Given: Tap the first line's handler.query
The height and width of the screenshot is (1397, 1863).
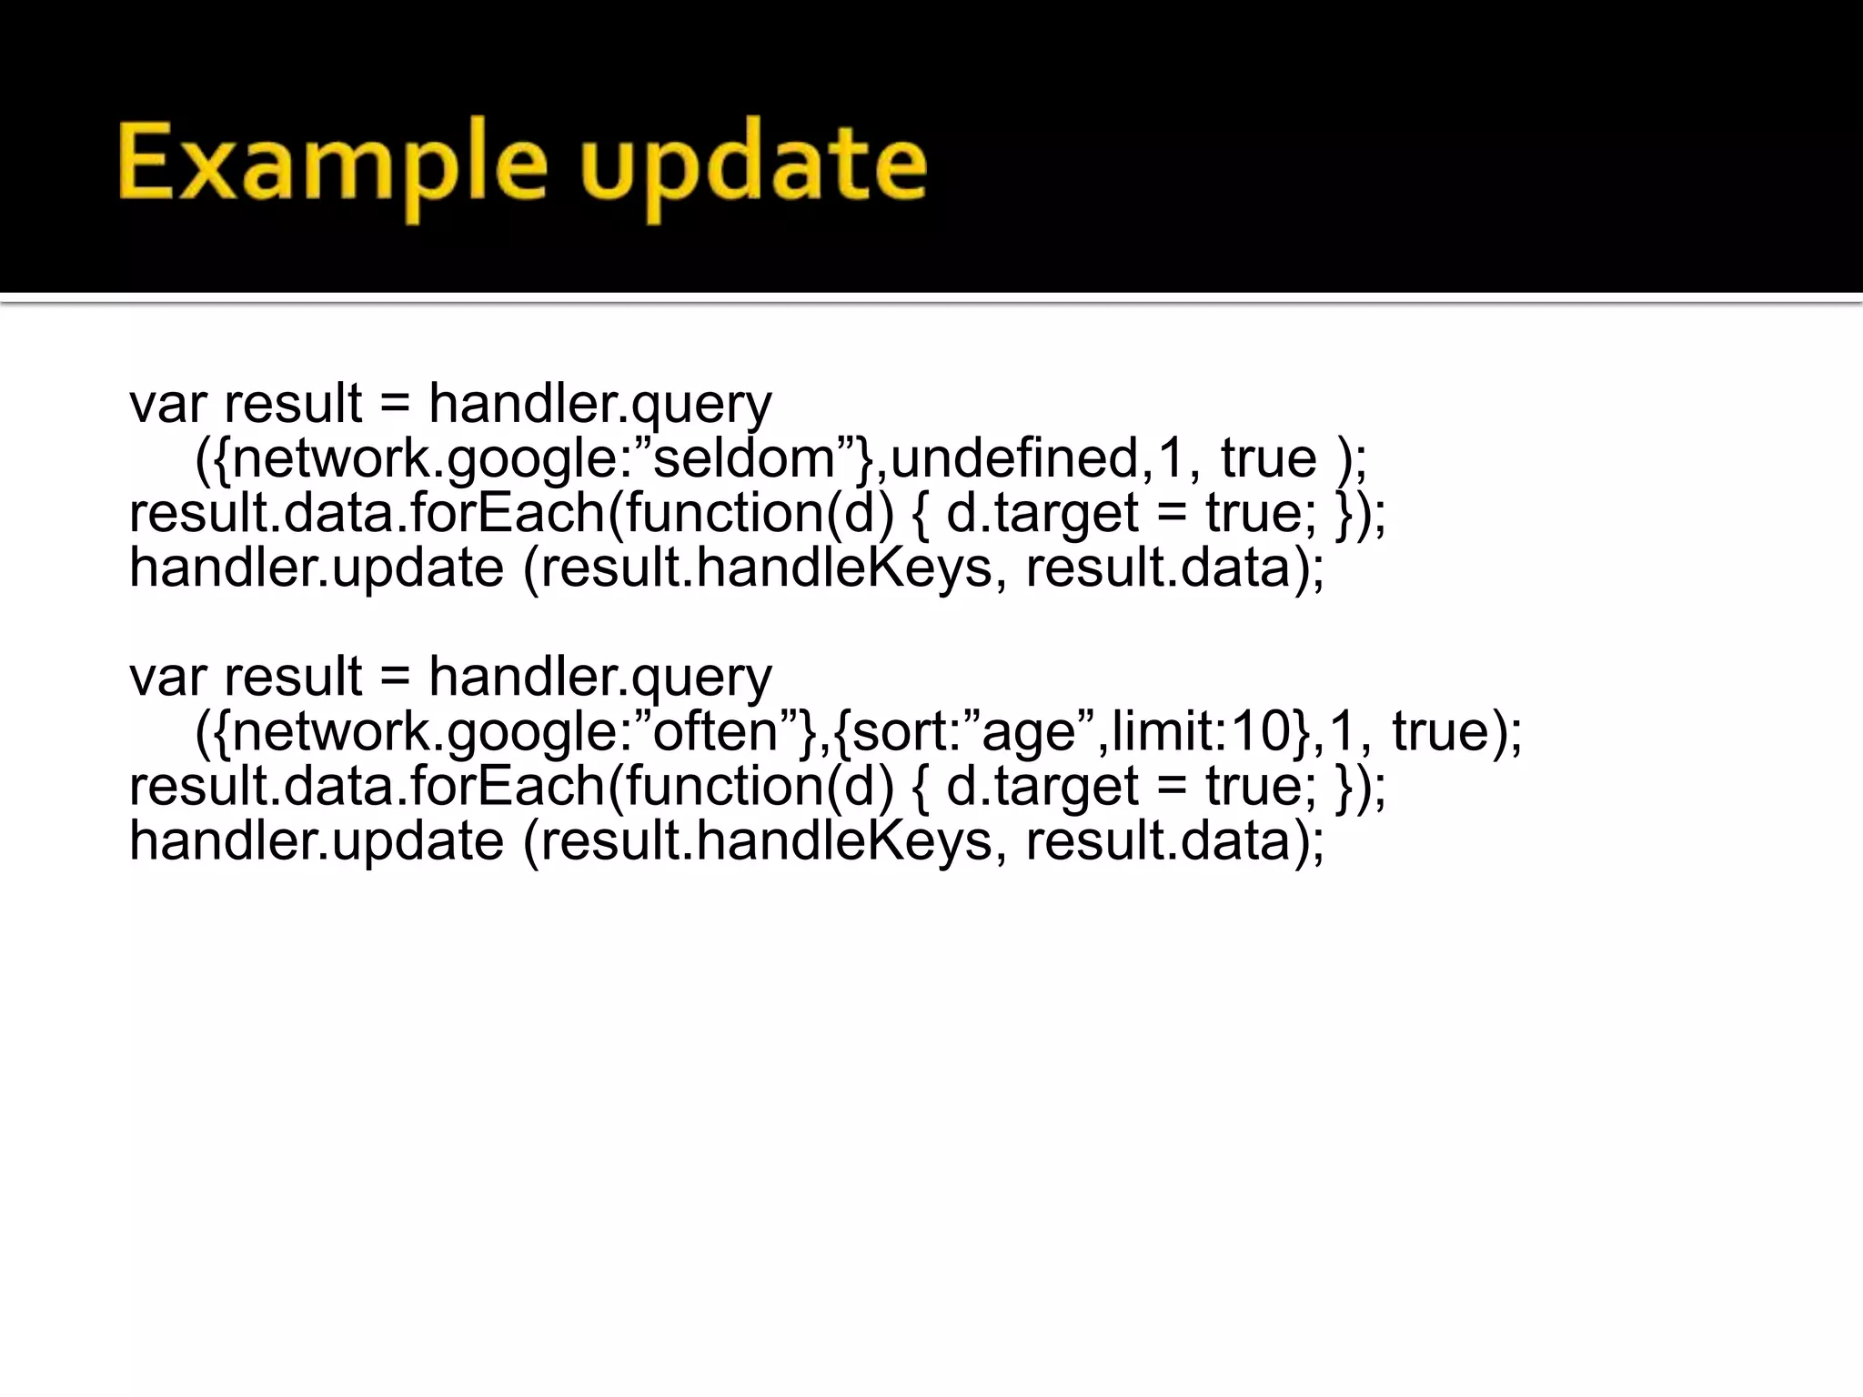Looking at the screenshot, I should click(599, 405).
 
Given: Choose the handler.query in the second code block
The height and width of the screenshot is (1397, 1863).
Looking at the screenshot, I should click(599, 678).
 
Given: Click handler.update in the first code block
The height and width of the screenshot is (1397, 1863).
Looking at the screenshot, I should click(317, 568).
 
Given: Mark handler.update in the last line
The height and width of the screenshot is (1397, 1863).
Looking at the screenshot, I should click(317, 841).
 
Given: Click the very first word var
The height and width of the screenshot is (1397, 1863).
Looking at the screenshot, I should click(167, 405).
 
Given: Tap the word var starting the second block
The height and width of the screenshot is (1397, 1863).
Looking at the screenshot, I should click(167, 678).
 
